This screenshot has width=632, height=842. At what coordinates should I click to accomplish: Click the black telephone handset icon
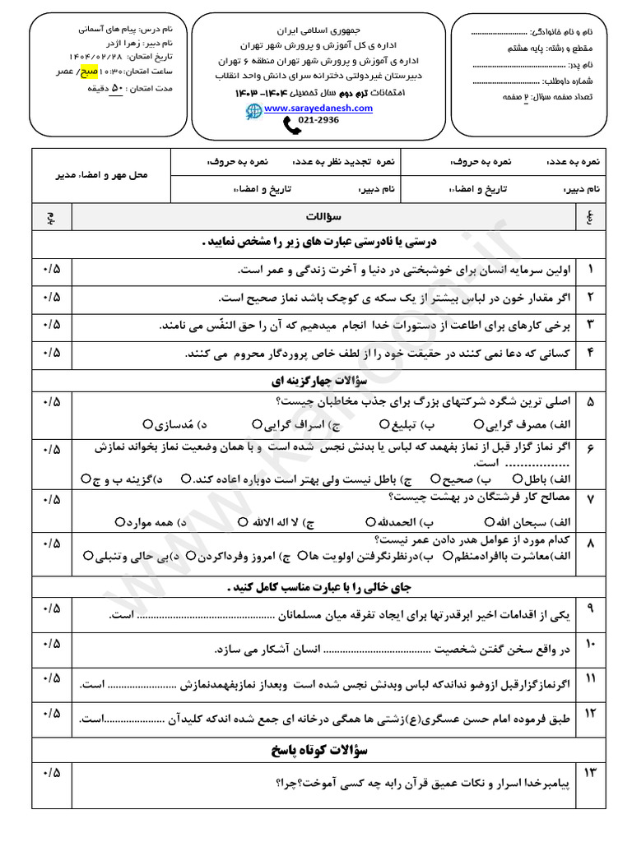click(290, 124)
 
